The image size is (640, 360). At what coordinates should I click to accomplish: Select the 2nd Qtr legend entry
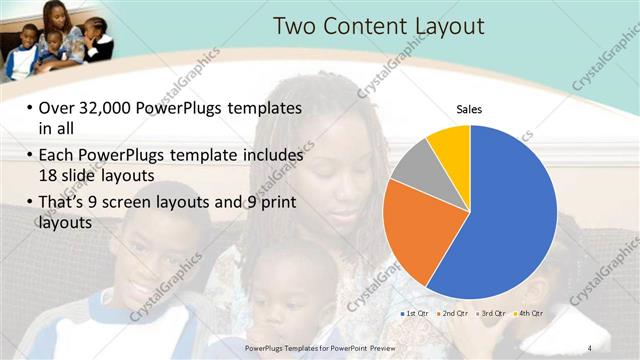(453, 314)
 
